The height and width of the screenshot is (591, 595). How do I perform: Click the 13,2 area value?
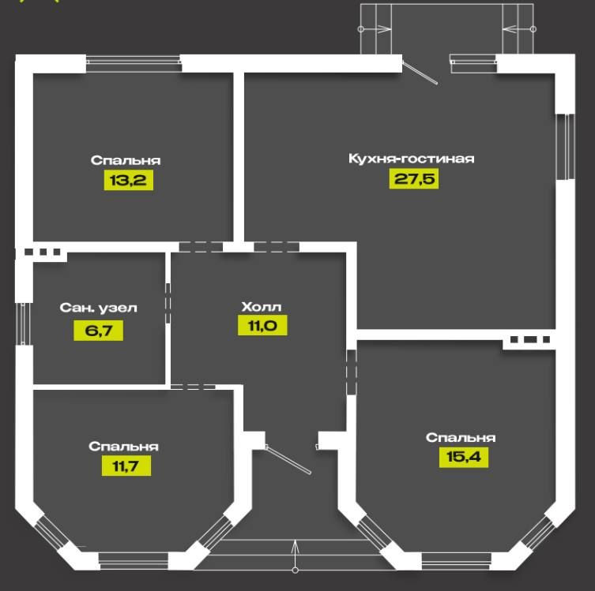pyautogui.click(x=127, y=180)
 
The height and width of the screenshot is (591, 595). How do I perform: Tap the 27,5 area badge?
pyautogui.click(x=413, y=178)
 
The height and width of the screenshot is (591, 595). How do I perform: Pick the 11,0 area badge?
pyautogui.click(x=262, y=325)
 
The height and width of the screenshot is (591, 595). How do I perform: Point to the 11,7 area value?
pyautogui.click(x=126, y=466)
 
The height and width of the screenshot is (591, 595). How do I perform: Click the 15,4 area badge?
pyautogui.click(x=463, y=457)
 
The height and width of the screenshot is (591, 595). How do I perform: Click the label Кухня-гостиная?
pyautogui.click(x=411, y=159)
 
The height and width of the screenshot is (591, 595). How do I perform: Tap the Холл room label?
pyautogui.click(x=262, y=306)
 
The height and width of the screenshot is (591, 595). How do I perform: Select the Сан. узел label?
pyautogui.click(x=99, y=308)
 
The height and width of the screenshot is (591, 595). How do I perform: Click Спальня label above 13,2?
pyautogui.click(x=126, y=160)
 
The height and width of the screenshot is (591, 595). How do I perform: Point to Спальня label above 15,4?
pyautogui.click(x=461, y=437)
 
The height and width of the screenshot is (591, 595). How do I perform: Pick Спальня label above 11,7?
pyautogui.click(x=124, y=447)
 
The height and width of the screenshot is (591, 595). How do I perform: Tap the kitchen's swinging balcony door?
pyautogui.click(x=420, y=69)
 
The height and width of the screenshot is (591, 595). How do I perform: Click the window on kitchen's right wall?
pyautogui.click(x=564, y=147)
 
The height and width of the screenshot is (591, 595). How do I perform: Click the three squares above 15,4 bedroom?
pyautogui.click(x=529, y=340)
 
